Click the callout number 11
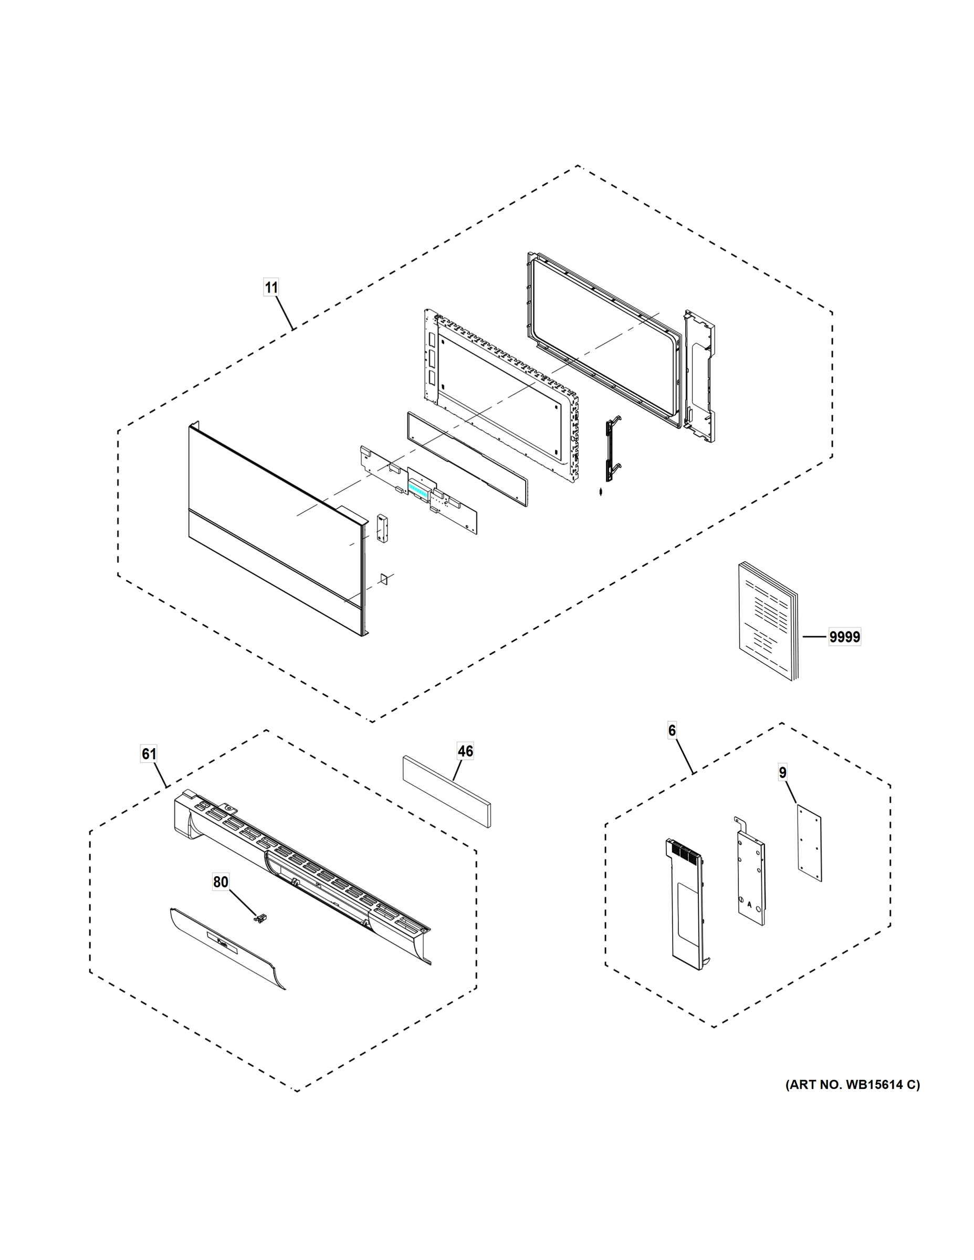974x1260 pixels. coord(271,287)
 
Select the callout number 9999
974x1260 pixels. coord(844,637)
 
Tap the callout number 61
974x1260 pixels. coord(149,754)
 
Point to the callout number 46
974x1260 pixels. coord(465,751)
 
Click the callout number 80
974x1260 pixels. coord(221,882)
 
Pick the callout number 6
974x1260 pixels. coord(672,731)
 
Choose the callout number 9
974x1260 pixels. coord(782,772)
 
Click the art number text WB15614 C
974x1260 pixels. coord(853,1085)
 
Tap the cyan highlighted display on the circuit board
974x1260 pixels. coord(418,491)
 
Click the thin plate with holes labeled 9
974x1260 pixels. coord(809,844)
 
